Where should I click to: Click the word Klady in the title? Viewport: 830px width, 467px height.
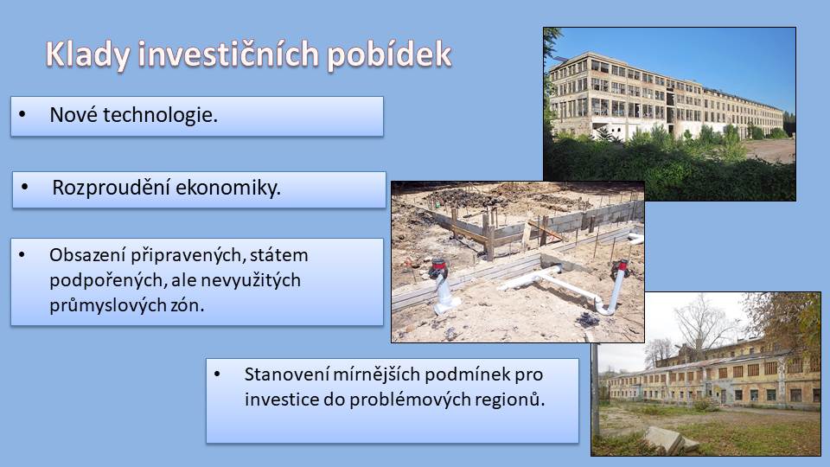87,55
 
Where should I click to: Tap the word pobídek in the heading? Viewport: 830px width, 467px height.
389,55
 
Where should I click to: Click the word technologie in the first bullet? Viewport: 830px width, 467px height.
160,115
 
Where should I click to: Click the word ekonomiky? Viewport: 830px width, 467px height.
228,188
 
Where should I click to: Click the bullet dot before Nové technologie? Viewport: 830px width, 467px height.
22,114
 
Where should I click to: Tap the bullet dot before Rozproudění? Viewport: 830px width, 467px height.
25,187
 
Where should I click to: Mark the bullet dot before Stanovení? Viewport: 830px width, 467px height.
217,374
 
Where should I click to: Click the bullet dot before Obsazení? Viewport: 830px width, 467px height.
22,254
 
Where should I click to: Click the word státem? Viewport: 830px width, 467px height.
278,255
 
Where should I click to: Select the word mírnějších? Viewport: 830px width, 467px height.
376,374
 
